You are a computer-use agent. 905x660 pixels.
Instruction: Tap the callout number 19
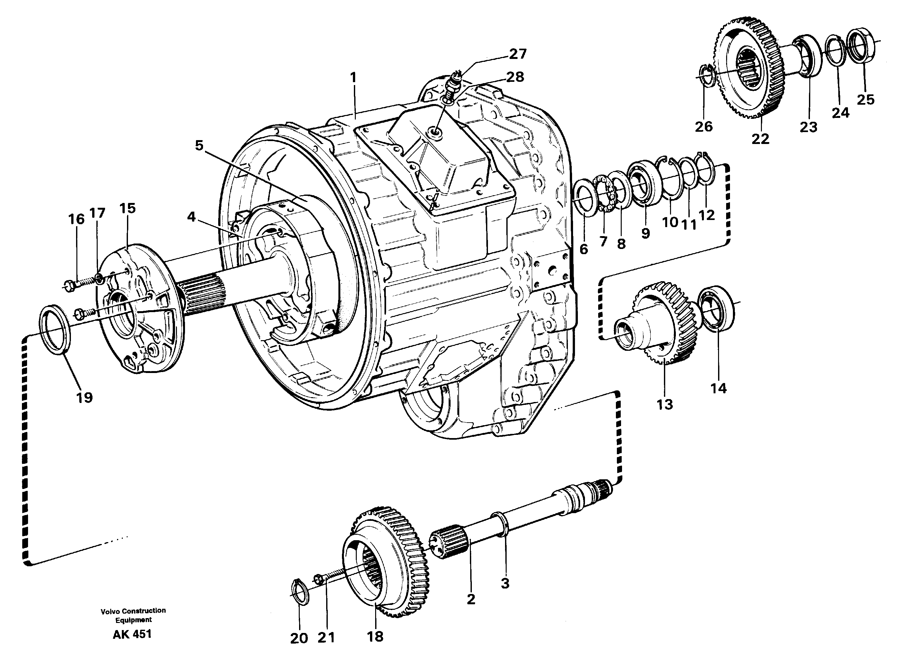pos(84,397)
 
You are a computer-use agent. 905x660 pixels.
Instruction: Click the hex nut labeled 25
pos(862,52)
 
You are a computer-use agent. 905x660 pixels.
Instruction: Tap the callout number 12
pos(706,216)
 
